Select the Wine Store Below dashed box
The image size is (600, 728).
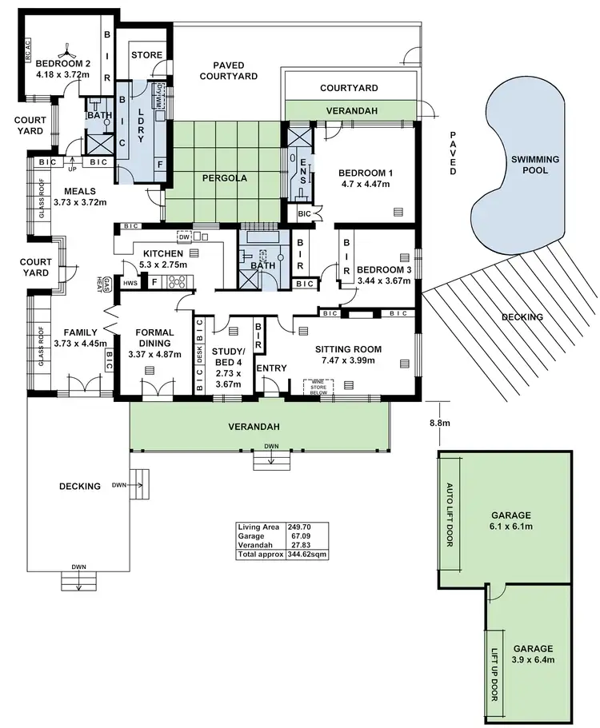tap(317, 387)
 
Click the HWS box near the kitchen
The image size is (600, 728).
tap(130, 283)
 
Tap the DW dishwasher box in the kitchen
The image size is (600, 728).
tap(183, 237)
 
